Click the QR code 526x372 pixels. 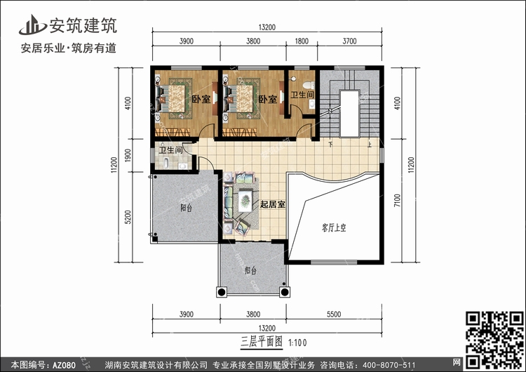[x=494, y=340]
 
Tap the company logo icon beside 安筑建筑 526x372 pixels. [x=32, y=25]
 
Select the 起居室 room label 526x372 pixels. [x=272, y=204]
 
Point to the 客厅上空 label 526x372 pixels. [x=333, y=228]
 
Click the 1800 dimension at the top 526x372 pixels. [x=302, y=41]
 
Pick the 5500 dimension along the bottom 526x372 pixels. [x=334, y=314]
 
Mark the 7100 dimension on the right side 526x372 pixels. [x=398, y=201]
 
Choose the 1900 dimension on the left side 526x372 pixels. [x=128, y=155]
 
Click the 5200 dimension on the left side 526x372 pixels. [x=128, y=217]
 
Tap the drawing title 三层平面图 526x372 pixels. [x=262, y=342]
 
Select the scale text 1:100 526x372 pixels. [x=297, y=343]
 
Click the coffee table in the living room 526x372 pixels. [x=246, y=200]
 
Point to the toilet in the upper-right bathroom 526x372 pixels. [x=309, y=85]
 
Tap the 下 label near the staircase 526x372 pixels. [x=331, y=145]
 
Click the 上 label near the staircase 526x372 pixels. [x=370, y=145]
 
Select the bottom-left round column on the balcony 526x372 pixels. [x=222, y=292]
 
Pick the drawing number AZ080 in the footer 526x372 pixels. [x=64, y=365]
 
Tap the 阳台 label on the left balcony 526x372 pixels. [x=186, y=208]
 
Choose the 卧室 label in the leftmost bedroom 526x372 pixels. [x=201, y=99]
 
